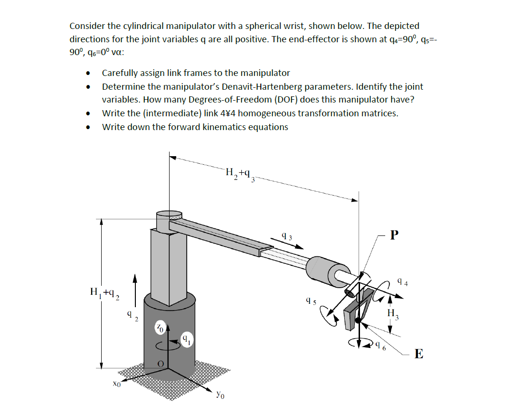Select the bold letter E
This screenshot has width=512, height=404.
click(x=418, y=354)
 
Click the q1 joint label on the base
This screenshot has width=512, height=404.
click(x=186, y=339)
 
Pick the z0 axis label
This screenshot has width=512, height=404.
click(x=161, y=328)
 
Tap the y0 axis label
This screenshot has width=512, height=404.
click(x=219, y=394)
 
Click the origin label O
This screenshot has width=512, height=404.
click(x=161, y=363)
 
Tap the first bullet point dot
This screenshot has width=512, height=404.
click(x=87, y=74)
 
